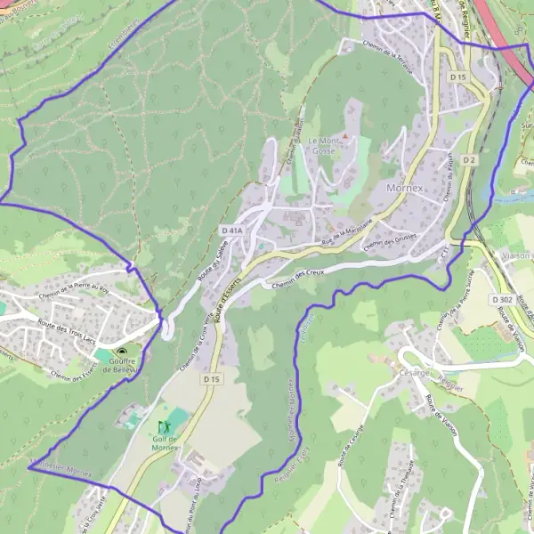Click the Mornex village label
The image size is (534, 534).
pyautogui.click(x=409, y=188)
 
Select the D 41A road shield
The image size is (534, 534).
pyautogui.click(x=231, y=231)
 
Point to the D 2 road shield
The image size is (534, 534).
pyautogui.click(x=470, y=160)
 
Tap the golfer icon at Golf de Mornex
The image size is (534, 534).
pyautogui.click(x=163, y=427)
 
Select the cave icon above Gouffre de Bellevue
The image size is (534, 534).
pyautogui.click(x=121, y=352)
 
